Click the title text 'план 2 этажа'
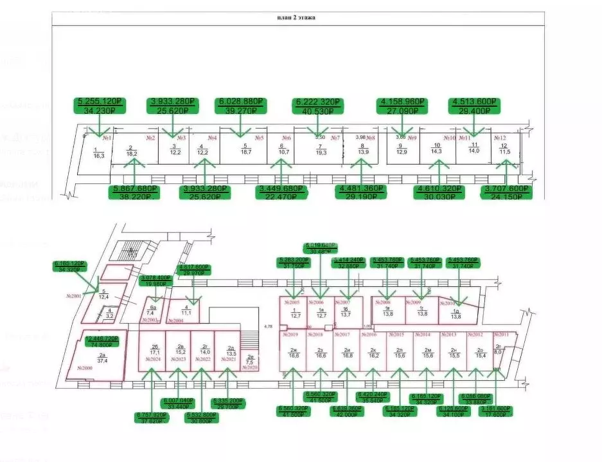click(296, 17)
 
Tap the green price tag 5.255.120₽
click(100, 106)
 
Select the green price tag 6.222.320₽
click(318, 106)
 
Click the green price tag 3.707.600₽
click(507, 192)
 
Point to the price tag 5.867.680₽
click(135, 192)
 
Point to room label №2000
click(85, 367)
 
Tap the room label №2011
click(501, 335)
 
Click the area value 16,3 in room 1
click(99, 155)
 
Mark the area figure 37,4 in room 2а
click(102, 361)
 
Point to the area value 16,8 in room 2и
click(348, 355)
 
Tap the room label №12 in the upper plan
click(500, 138)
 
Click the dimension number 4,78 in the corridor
click(268, 327)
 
